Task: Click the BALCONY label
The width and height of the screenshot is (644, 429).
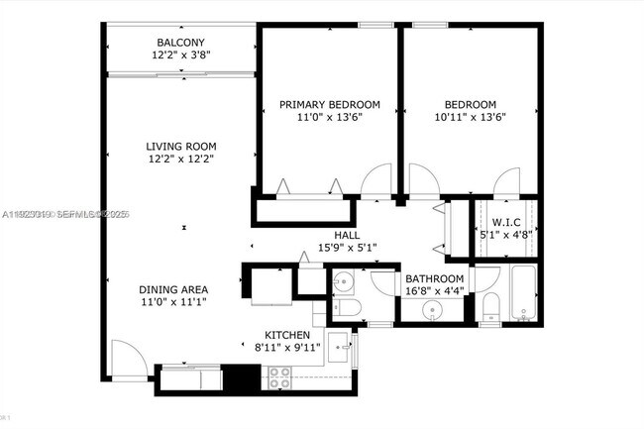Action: pyautogui.click(x=180, y=42)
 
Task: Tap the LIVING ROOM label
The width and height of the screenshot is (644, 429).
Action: pyautogui.click(x=181, y=146)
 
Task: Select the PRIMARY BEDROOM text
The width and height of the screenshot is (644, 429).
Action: pyautogui.click(x=329, y=104)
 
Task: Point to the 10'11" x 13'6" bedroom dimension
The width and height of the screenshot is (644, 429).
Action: pyautogui.click(x=471, y=117)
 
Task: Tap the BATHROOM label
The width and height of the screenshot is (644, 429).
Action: pyautogui.click(x=433, y=279)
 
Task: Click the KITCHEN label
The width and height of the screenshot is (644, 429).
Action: pyautogui.click(x=287, y=335)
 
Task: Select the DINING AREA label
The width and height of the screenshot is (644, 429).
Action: pyautogui.click(x=173, y=289)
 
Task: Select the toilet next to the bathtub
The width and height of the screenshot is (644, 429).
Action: pyautogui.click(x=489, y=307)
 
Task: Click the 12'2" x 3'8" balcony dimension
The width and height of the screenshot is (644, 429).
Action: pyautogui.click(x=180, y=55)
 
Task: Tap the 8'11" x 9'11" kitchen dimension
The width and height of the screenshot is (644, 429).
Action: pyautogui.click(x=287, y=348)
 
